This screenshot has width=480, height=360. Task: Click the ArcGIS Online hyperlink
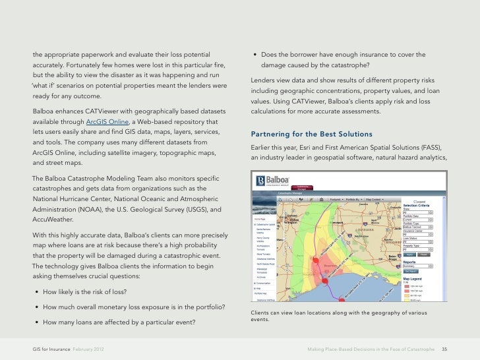click(x=109, y=123)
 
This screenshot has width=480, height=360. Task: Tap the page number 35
click(x=444, y=348)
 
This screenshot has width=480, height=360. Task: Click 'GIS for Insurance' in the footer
click(x=51, y=348)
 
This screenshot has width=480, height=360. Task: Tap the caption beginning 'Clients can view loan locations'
click(x=339, y=316)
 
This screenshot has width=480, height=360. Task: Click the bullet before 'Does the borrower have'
click(x=254, y=54)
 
